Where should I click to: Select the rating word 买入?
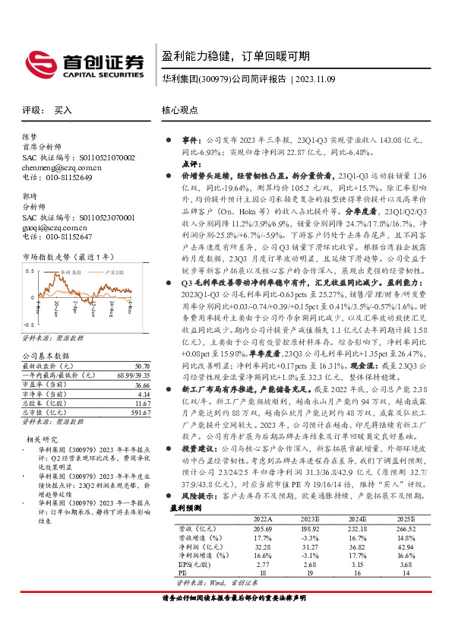click(63, 110)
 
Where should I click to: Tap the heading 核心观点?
click(180, 110)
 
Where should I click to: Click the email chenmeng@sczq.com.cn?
click(62, 167)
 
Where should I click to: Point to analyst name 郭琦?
click(30, 196)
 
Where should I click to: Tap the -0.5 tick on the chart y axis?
click(28, 325)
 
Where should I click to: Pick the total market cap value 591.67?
click(119, 413)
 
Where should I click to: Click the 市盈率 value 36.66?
click(120, 385)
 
